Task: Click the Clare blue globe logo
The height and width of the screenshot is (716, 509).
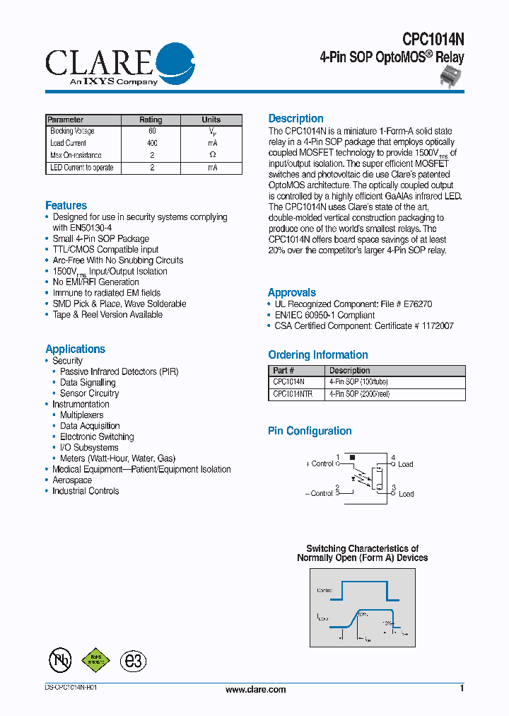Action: [x=174, y=62]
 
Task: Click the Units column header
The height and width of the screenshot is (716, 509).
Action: [x=211, y=120]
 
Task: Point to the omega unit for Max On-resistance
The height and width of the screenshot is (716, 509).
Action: [x=212, y=155]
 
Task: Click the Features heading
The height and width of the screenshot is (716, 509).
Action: [x=66, y=205]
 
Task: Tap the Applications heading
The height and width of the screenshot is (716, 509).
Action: [x=75, y=349]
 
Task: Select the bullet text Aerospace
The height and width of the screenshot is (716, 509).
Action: [x=72, y=480]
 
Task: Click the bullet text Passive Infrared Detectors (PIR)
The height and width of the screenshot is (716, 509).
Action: [x=119, y=371]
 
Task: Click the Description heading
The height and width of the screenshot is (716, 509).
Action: [x=296, y=118]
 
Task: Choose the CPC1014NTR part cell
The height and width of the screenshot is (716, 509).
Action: [x=293, y=394]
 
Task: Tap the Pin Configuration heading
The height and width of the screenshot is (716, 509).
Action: [x=310, y=431]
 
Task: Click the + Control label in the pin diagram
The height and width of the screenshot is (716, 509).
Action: [x=320, y=464]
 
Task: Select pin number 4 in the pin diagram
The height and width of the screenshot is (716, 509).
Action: [x=393, y=458]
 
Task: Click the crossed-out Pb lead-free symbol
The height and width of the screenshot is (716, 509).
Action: [x=59, y=660]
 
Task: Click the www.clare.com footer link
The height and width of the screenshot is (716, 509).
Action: [x=255, y=690]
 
